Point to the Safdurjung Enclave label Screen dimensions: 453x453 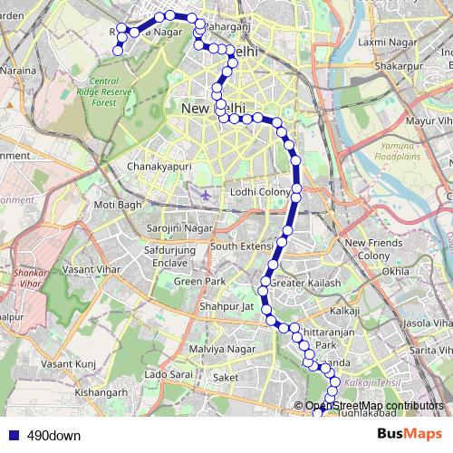tap(169, 257)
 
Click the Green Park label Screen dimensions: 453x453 tap(199, 282)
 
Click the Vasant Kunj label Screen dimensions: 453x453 tap(74, 363)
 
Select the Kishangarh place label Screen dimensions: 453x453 tap(101, 392)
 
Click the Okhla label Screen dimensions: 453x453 tap(396, 271)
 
